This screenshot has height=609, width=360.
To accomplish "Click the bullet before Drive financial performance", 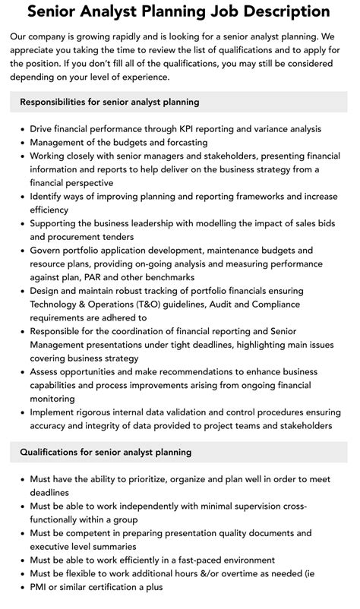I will [21, 130].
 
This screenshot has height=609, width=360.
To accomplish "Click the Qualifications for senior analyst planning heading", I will [106, 453].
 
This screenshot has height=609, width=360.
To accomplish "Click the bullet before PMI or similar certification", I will [21, 588].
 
